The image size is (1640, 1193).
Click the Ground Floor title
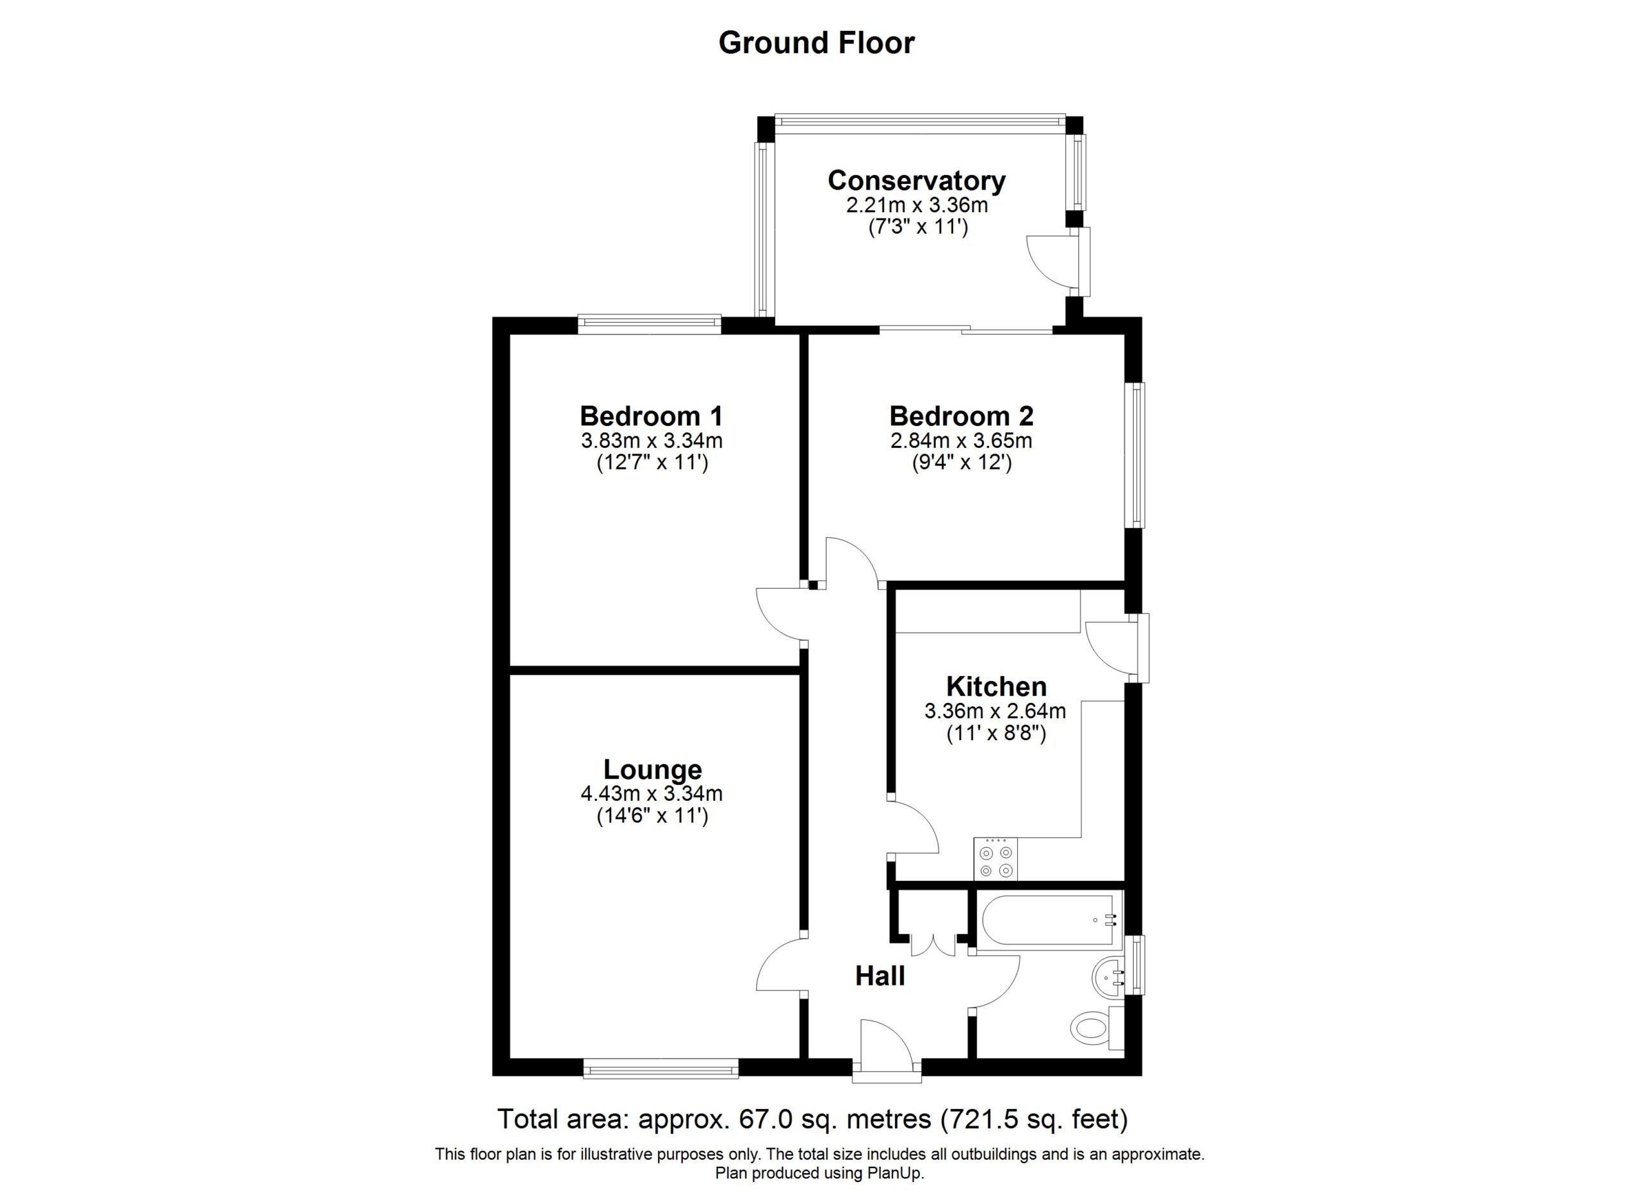tap(816, 44)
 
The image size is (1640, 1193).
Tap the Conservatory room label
tap(916, 180)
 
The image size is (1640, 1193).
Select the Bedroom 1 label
tap(652, 416)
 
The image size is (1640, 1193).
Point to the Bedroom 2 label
tap(961, 416)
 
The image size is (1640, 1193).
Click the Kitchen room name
tap(996, 686)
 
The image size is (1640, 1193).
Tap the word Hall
tap(880, 976)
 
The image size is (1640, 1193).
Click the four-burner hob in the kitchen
tap(996, 859)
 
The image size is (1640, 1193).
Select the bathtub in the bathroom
tap(1049, 919)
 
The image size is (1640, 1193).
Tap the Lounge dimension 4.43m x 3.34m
tap(652, 793)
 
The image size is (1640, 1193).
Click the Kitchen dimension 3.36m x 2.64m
tap(995, 711)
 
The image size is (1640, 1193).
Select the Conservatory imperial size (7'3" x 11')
tap(917, 227)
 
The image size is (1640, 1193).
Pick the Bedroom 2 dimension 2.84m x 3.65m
tap(961, 440)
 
